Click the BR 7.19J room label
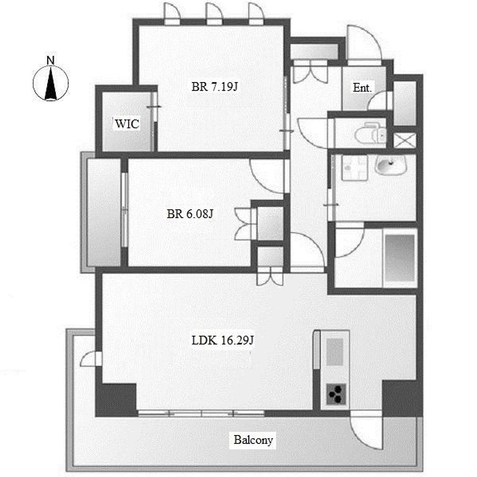[x=214, y=87]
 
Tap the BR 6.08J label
[x=190, y=214]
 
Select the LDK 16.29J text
[x=222, y=340]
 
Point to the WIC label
[x=127, y=124]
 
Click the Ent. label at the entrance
[x=362, y=88]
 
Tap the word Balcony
[x=253, y=440]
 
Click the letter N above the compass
[x=50, y=61]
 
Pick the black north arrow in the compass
[x=50, y=84]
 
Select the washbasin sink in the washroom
[x=391, y=165]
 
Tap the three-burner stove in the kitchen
[x=336, y=394]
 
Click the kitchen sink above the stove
[x=335, y=352]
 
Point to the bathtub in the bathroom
[x=400, y=258]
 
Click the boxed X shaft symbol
[x=405, y=141]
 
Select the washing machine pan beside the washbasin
[x=354, y=168]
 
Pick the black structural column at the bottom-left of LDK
[x=116, y=400]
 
